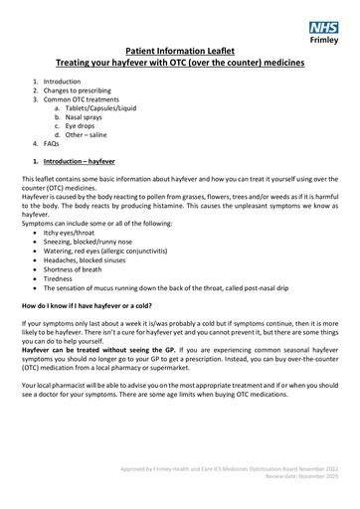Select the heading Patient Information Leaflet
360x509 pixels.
180,49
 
